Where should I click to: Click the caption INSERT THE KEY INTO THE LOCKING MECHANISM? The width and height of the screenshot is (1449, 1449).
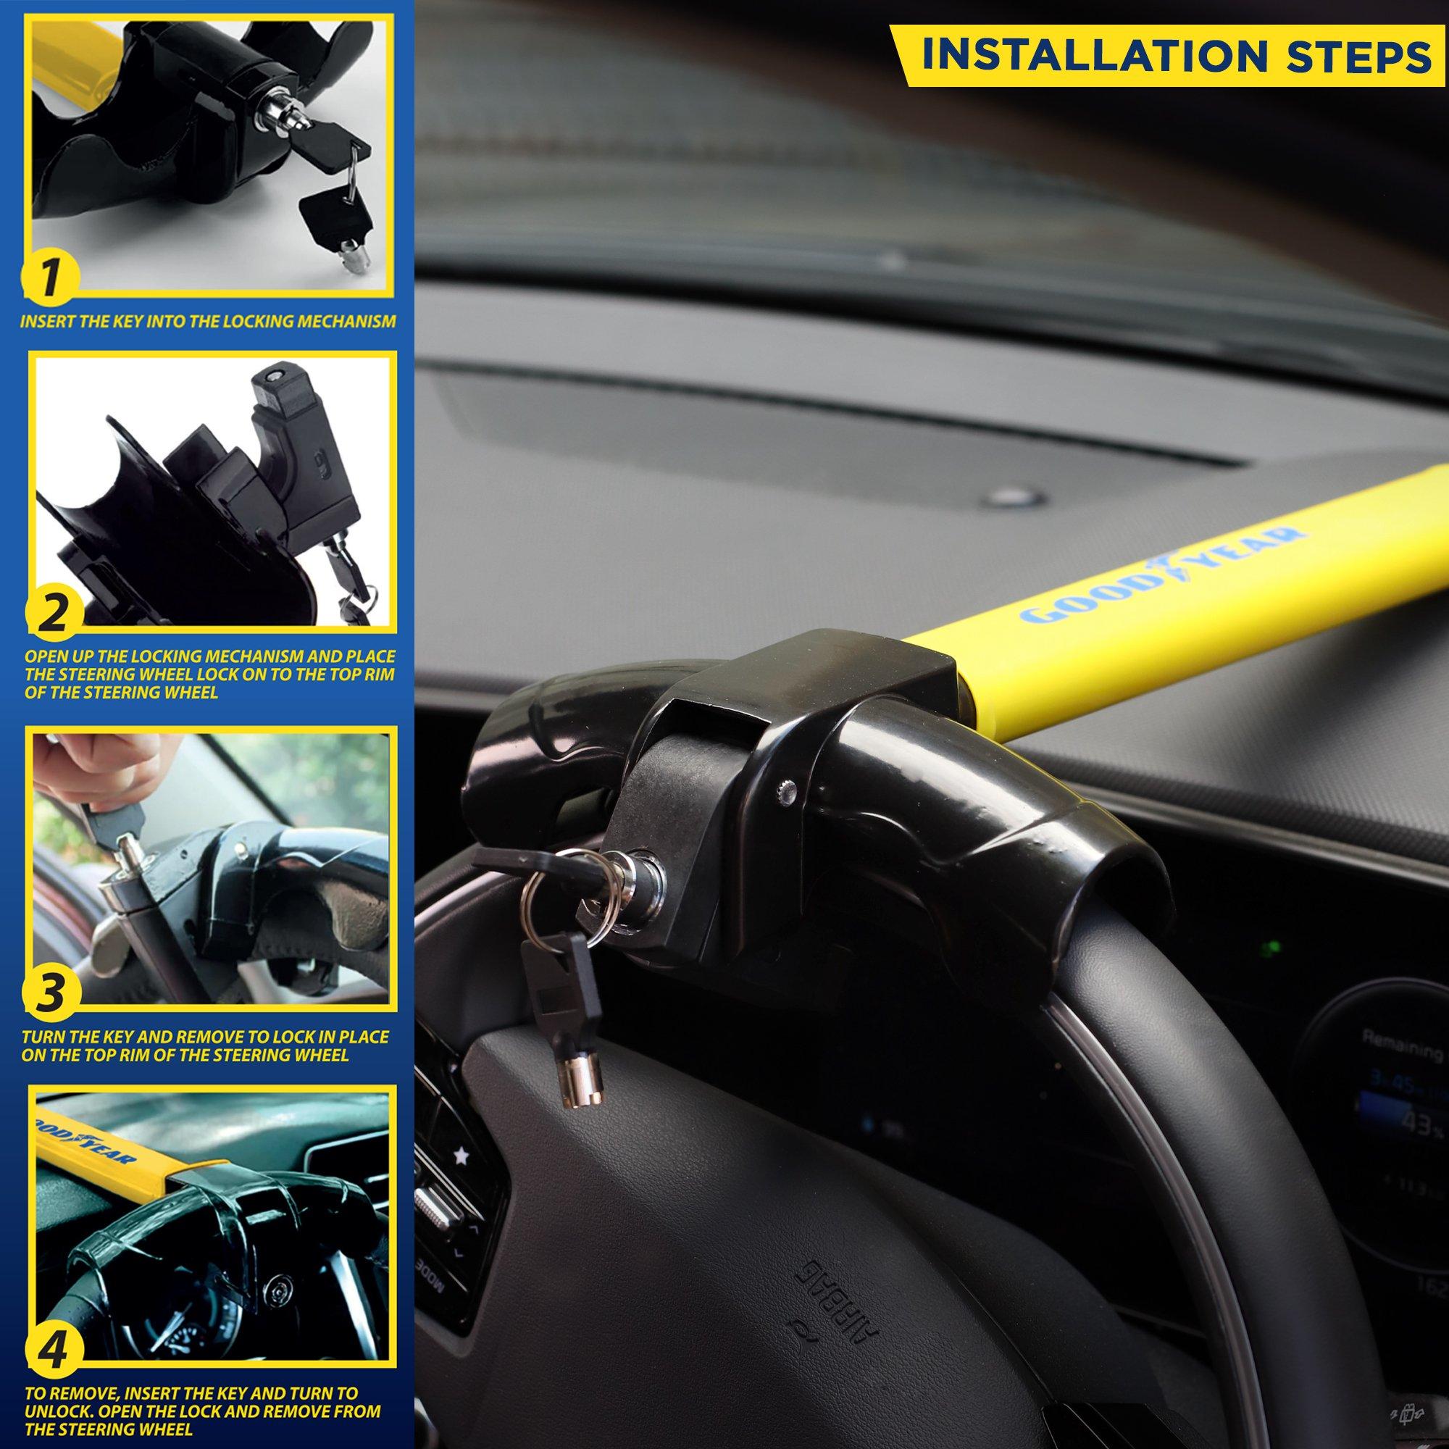point(208,322)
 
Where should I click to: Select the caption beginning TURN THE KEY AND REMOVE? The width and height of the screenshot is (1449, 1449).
point(206,1045)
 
